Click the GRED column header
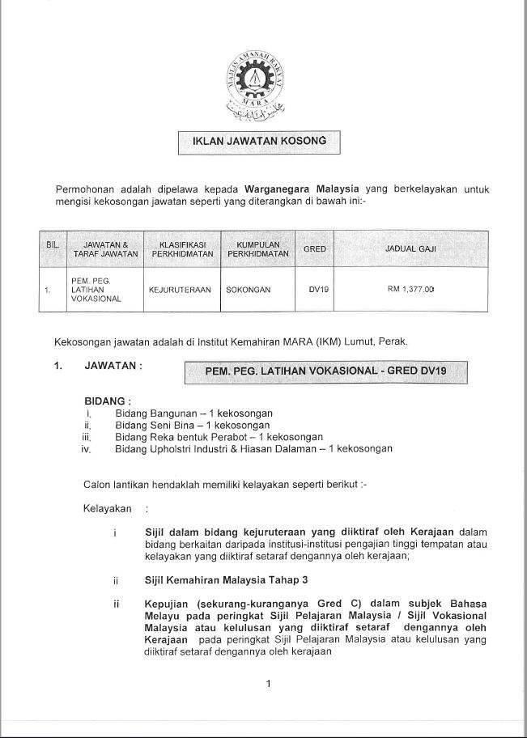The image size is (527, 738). coord(314,249)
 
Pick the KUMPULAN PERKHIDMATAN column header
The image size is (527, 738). coord(258,249)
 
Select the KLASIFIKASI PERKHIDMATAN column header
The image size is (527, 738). coord(181,249)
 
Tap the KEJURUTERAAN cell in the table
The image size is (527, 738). coord(175,288)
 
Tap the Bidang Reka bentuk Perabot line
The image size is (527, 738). coord(219,436)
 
